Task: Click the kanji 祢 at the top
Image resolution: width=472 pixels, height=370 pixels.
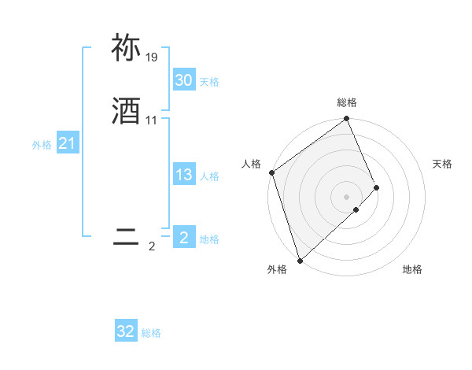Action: tap(126, 49)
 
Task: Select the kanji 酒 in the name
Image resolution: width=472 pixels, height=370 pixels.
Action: tap(126, 112)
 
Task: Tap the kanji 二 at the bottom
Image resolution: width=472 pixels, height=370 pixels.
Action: tap(126, 237)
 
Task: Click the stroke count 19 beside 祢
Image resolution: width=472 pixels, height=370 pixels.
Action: tap(152, 57)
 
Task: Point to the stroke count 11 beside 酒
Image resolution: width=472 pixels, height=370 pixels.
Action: tap(152, 120)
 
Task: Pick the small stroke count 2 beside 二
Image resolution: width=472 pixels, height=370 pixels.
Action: tap(152, 246)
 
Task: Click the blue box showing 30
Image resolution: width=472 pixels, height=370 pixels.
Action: tap(183, 80)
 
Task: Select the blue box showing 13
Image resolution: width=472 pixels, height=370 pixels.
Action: tap(183, 175)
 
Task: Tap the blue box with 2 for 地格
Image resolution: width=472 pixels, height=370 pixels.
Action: tap(183, 237)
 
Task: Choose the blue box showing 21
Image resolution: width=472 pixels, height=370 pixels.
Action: tap(67, 143)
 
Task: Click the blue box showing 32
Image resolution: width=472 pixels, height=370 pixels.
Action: tap(126, 331)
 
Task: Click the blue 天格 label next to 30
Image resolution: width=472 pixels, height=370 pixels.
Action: tap(209, 82)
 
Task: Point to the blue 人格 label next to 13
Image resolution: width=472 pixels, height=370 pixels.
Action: tap(209, 176)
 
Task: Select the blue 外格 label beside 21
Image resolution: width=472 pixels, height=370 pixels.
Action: tap(42, 145)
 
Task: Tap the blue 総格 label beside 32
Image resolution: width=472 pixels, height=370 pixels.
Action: tap(152, 333)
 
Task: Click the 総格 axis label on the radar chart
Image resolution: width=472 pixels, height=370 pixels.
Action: tap(347, 102)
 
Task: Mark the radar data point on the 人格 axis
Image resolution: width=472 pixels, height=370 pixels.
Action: tap(271, 172)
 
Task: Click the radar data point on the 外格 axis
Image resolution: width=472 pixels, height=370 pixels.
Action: tap(300, 259)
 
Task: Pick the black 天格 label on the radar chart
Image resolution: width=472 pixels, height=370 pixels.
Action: tap(442, 164)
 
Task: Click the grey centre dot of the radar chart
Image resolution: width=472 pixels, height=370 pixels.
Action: tap(347, 196)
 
